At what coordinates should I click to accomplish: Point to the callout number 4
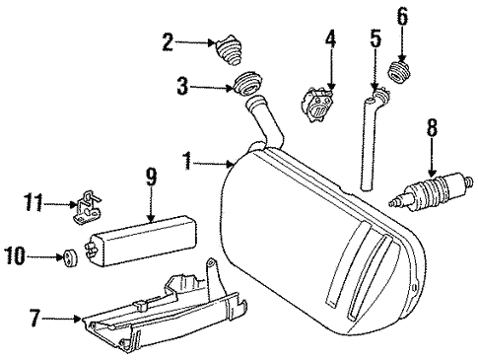[331, 40]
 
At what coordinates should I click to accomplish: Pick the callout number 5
[375, 40]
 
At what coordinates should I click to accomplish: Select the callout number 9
[151, 178]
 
